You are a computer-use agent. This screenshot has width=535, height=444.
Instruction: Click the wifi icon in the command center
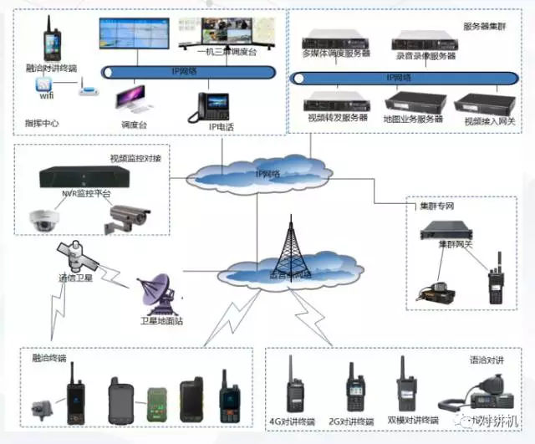[x=43, y=87]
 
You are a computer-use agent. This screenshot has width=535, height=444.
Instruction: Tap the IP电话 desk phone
[x=213, y=105]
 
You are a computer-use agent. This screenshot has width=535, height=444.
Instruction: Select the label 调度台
[x=134, y=125]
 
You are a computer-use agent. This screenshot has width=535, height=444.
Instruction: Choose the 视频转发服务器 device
[x=336, y=102]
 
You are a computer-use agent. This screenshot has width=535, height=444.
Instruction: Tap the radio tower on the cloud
[x=288, y=242]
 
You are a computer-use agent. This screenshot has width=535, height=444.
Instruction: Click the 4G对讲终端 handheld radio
[x=294, y=384]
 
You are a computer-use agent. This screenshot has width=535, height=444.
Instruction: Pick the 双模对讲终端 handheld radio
[x=405, y=385]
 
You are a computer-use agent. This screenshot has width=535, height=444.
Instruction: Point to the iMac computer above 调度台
[x=134, y=100]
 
